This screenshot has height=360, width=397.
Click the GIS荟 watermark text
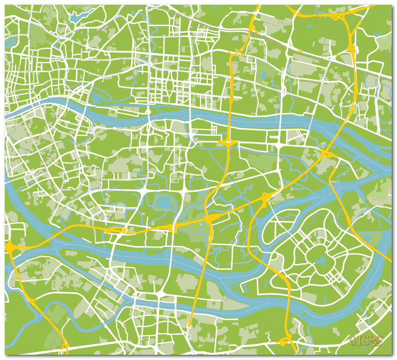(366, 341)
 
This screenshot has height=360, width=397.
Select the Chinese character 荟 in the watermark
(377, 341)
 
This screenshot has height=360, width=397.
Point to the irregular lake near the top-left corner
(76, 18)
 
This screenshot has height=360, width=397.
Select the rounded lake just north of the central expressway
(164, 203)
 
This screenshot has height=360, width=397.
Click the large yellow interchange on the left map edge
(9, 247)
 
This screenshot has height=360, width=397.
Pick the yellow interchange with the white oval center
(228, 142)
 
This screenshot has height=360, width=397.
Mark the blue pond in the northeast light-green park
(262, 75)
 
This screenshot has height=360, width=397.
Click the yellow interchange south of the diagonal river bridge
(326, 153)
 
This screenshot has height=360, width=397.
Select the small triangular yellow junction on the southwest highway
(32, 301)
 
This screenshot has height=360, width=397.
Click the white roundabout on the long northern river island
(148, 112)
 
